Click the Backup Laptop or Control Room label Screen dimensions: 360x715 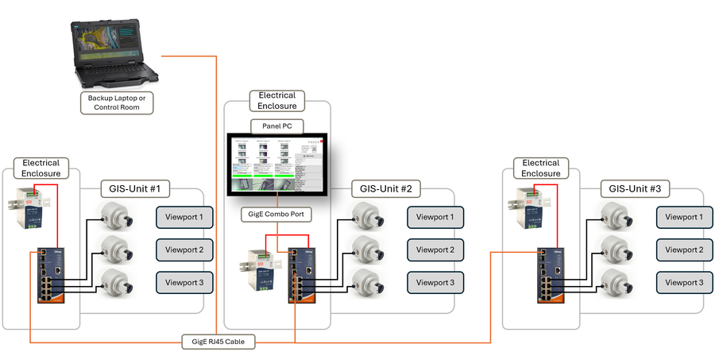116,103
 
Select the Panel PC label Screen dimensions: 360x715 277,126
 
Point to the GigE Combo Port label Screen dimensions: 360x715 276,215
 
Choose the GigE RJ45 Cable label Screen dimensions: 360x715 223,343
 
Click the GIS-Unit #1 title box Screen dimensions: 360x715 133,190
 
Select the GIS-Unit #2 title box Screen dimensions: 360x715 385,190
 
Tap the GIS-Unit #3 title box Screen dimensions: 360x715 634,190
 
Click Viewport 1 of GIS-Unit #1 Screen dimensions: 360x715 184,217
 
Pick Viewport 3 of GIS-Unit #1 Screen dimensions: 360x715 184,282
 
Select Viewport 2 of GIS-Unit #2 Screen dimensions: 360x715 435,250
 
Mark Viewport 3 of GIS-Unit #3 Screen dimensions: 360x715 684,282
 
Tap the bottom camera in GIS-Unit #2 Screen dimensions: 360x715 365,281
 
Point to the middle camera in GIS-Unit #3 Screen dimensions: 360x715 614,249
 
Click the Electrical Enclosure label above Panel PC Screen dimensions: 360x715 277,101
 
